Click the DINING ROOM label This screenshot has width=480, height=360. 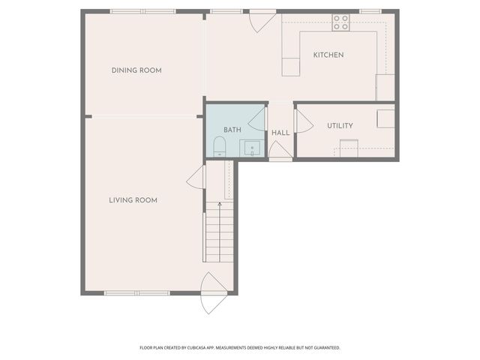coord(136,70)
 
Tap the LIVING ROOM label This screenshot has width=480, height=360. coord(133,200)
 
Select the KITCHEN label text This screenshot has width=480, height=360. coord(328,55)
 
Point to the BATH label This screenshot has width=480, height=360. coord(232,130)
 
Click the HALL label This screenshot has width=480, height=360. coord(280,133)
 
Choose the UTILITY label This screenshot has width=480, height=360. coord(340,126)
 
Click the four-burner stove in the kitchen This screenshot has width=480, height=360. coord(340,22)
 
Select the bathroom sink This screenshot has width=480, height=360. coord(252,148)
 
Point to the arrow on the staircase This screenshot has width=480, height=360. coord(220,204)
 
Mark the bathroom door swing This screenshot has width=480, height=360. coord(257,119)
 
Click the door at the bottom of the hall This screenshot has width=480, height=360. coord(280,151)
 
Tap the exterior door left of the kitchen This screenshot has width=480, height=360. coord(262,21)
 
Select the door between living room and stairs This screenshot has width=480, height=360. coord(196,178)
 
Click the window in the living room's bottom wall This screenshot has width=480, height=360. coord(136,292)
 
